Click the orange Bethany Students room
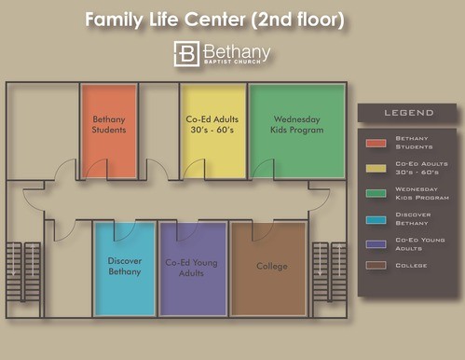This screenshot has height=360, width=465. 109,132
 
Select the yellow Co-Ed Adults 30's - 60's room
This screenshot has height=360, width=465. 213,132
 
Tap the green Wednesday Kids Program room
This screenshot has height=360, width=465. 297,132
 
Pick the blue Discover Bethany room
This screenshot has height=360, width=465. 125,269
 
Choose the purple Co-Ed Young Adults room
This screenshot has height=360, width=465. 193,269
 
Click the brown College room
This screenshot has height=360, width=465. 268,269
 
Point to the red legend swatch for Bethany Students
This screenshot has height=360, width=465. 376,143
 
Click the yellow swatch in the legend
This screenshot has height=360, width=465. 376,168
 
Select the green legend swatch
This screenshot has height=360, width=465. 376,193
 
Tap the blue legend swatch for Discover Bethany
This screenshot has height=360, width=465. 376,220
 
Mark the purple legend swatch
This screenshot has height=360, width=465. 376,244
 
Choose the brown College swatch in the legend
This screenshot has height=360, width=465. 376,265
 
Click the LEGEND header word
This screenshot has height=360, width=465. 409,113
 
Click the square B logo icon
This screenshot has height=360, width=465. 186,54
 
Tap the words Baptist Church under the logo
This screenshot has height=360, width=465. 232,62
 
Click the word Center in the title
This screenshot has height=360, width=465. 215,20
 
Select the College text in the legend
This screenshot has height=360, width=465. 411,266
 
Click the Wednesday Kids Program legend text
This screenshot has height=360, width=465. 422,193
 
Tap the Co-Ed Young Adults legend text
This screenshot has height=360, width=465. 420,244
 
